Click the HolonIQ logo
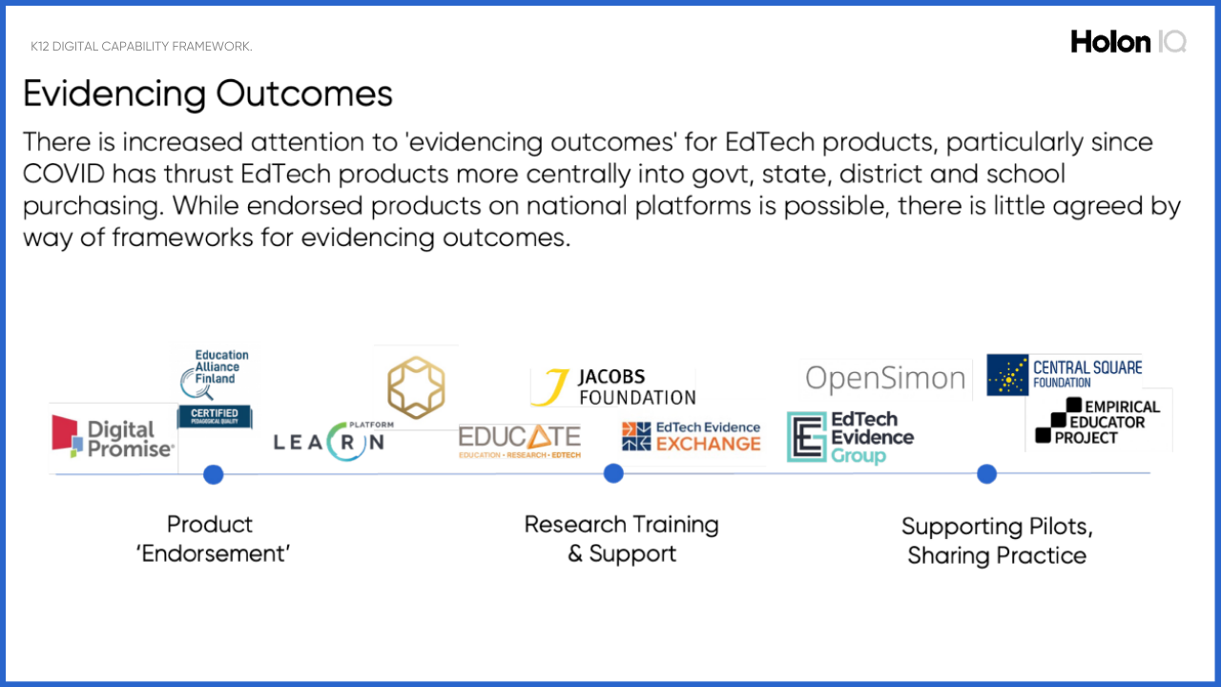(x=1128, y=41)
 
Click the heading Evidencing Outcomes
(x=208, y=94)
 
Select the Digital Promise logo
(x=114, y=437)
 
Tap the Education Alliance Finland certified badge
(x=215, y=387)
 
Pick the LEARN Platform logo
(x=329, y=440)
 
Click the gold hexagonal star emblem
(x=416, y=387)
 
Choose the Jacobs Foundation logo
(x=614, y=387)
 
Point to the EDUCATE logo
(x=520, y=439)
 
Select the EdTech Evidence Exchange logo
(x=692, y=436)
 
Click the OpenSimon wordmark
(x=885, y=379)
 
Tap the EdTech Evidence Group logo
(x=850, y=437)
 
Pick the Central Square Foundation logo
(x=1064, y=374)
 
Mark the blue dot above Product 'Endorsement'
(x=214, y=474)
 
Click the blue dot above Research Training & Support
(x=613, y=473)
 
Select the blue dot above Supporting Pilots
(x=986, y=474)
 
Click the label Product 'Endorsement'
(x=212, y=539)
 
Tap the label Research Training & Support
(x=622, y=539)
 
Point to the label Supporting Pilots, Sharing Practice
(x=997, y=541)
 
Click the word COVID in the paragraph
(x=67, y=175)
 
